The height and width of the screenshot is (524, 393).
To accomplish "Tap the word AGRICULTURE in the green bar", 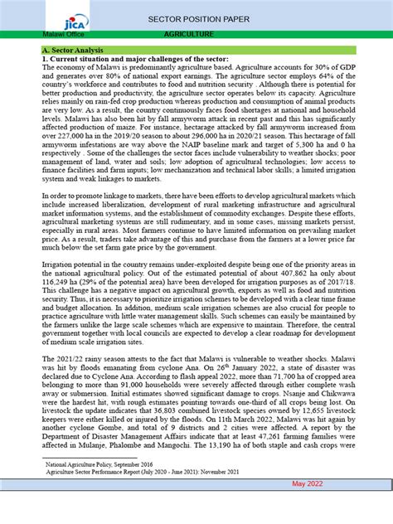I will pos(189,35).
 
